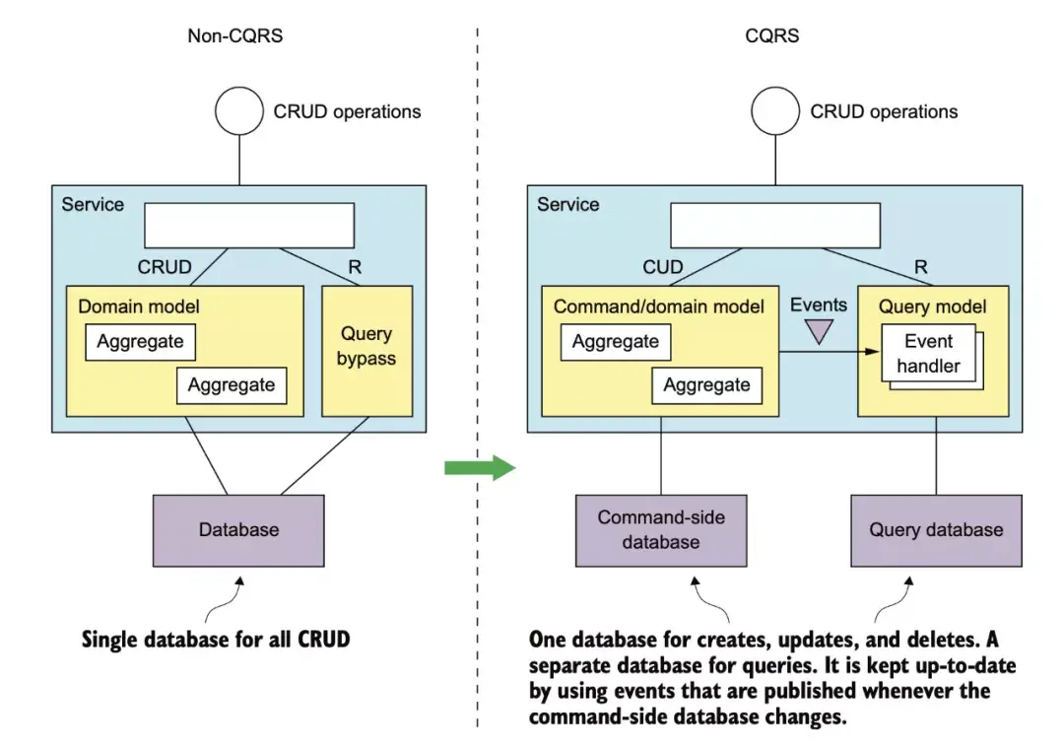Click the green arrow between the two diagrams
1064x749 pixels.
[x=480, y=468]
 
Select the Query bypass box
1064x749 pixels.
[x=367, y=351]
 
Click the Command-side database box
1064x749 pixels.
[x=661, y=530]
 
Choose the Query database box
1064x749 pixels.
[x=937, y=530]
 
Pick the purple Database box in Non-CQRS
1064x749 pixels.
[x=238, y=530]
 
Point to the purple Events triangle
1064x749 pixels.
[x=819, y=331]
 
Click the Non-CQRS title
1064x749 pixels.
[x=234, y=35]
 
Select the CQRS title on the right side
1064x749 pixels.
[x=772, y=35]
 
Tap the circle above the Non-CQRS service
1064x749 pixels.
[x=239, y=110]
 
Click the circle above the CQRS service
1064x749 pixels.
[x=775, y=110]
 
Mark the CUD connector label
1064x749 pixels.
[x=663, y=267]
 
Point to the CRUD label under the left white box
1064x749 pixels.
[x=165, y=267]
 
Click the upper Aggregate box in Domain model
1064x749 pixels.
[x=141, y=342]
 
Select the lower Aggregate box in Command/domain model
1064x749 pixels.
[x=707, y=385]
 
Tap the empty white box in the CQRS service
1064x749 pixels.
[x=775, y=226]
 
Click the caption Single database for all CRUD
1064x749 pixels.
[x=216, y=640]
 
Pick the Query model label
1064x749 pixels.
[x=932, y=306]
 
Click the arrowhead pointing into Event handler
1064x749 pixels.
[x=873, y=351]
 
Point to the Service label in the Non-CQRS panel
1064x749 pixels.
[x=93, y=204]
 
